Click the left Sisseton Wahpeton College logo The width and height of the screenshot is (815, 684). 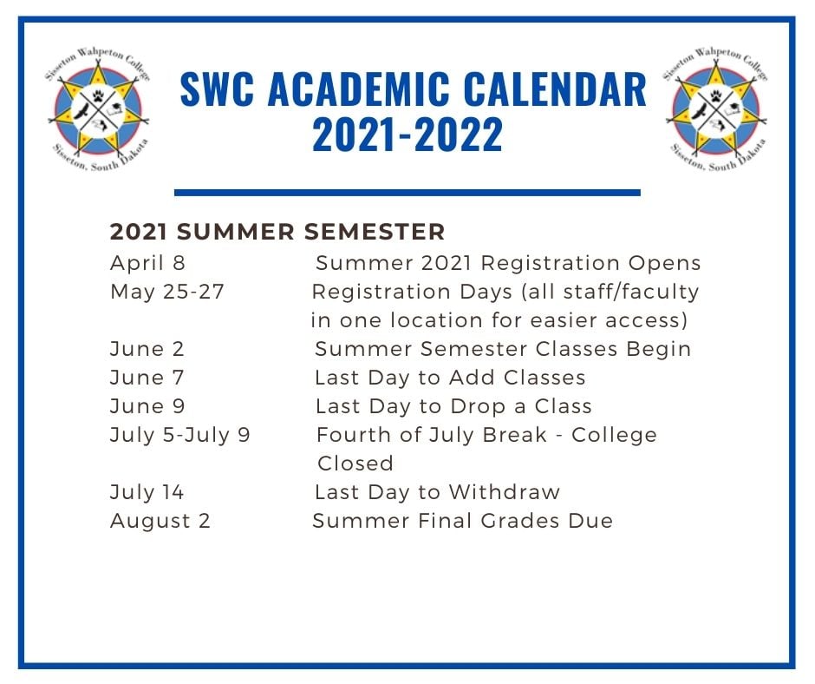point(98,109)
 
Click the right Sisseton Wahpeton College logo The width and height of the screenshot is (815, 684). point(715,109)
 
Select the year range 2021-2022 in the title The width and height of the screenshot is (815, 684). point(407,134)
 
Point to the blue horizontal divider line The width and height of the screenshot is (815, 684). point(407,193)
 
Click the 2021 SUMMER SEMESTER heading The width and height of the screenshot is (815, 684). point(277,232)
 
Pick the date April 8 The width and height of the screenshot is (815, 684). point(147,263)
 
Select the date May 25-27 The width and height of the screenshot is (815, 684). point(166,292)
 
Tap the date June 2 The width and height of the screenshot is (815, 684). point(147,349)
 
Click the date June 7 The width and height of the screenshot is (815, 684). point(147,378)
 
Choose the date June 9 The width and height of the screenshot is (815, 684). point(147,406)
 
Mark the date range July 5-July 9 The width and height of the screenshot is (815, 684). point(179,435)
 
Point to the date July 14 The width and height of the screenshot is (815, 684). point(147,492)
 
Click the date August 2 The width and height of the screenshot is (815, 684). point(160,521)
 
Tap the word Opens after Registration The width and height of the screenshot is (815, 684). point(665,264)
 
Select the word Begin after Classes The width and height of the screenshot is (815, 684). point(659,349)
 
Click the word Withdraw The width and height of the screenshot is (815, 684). point(505,492)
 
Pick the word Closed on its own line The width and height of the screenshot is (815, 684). point(355,464)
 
